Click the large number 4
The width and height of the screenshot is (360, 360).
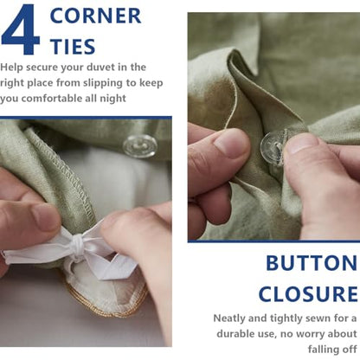tap(20, 29)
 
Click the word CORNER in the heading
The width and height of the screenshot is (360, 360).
tap(95, 16)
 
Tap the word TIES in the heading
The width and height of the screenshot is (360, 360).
tap(73, 47)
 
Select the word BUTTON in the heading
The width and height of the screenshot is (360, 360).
tap(312, 263)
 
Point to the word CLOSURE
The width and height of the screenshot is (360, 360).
tap(308, 294)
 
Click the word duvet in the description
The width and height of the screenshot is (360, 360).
tap(103, 67)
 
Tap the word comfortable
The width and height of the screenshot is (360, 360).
tap(52, 99)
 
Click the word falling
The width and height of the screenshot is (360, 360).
tap(324, 350)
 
